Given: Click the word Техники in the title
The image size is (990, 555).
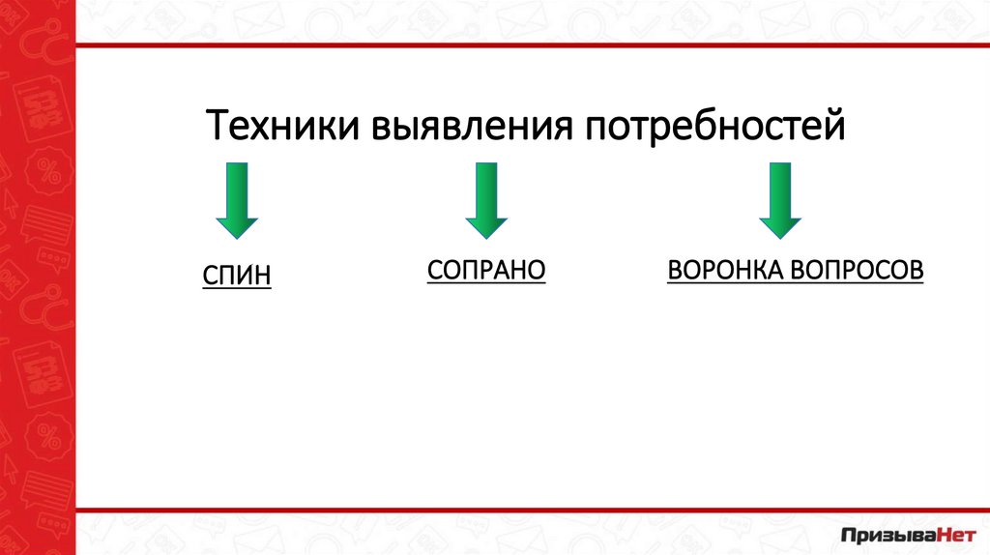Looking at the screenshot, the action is (x=279, y=127).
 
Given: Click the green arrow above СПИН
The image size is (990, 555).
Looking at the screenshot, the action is (x=236, y=200).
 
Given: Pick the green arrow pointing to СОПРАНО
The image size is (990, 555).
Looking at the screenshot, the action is (x=486, y=200).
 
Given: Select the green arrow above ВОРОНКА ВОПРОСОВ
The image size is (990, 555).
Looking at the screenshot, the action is (x=780, y=200).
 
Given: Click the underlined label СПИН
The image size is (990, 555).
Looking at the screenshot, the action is (x=237, y=277).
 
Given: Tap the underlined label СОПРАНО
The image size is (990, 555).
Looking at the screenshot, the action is (x=486, y=270).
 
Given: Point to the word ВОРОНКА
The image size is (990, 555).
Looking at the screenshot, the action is (x=722, y=270).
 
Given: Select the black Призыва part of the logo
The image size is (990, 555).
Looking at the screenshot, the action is (x=882, y=533).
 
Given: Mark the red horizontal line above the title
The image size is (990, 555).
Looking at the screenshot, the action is (x=533, y=44).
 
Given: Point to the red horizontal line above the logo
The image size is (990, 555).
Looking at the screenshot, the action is (x=533, y=509).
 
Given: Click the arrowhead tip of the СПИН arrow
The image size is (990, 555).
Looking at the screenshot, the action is (x=236, y=234).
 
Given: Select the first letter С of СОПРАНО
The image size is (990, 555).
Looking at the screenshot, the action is (x=434, y=270).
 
